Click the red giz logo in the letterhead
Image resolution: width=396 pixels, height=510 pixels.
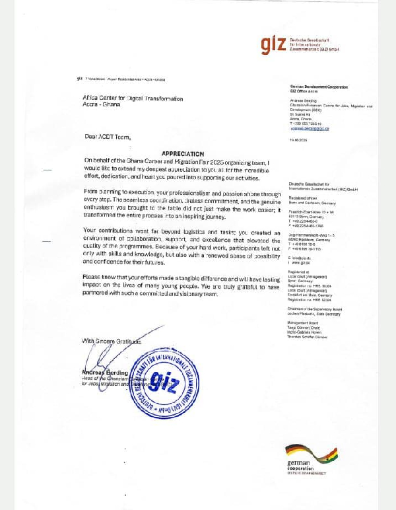[x=273, y=45]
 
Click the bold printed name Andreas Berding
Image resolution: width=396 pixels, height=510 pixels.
[x=100, y=372]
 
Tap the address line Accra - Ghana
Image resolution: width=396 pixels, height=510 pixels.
[x=97, y=104]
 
